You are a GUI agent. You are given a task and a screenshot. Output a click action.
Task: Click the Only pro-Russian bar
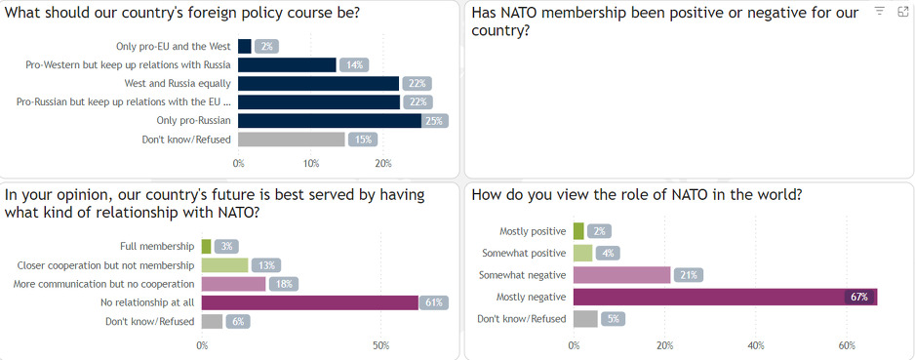pyautogui.click(x=330, y=120)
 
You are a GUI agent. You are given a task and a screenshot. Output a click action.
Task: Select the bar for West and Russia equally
pyautogui.click(x=319, y=83)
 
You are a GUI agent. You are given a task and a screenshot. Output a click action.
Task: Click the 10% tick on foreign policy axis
pyautogui.click(x=311, y=163)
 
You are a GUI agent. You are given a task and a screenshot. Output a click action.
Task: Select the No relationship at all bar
pyautogui.click(x=310, y=302)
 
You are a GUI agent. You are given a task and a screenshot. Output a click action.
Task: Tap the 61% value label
pyautogui.click(x=435, y=302)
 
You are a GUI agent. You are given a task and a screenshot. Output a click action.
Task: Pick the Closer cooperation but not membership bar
pyautogui.click(x=225, y=264)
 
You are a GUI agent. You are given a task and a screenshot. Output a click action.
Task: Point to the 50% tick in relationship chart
pyautogui.click(x=381, y=345)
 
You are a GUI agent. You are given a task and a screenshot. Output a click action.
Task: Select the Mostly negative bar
pyautogui.click(x=725, y=297)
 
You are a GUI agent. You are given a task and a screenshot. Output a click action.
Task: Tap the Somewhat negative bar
pyautogui.click(x=622, y=275)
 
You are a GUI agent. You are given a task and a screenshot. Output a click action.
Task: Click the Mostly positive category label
pyautogui.click(x=533, y=231)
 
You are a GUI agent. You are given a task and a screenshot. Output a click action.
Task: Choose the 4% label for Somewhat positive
pyautogui.click(x=608, y=253)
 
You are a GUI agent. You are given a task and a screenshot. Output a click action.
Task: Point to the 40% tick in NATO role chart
pyautogui.click(x=755, y=345)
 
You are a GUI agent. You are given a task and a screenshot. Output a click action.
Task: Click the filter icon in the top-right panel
pyautogui.click(x=879, y=11)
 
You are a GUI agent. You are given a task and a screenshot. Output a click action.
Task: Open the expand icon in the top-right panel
pyautogui.click(x=902, y=11)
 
